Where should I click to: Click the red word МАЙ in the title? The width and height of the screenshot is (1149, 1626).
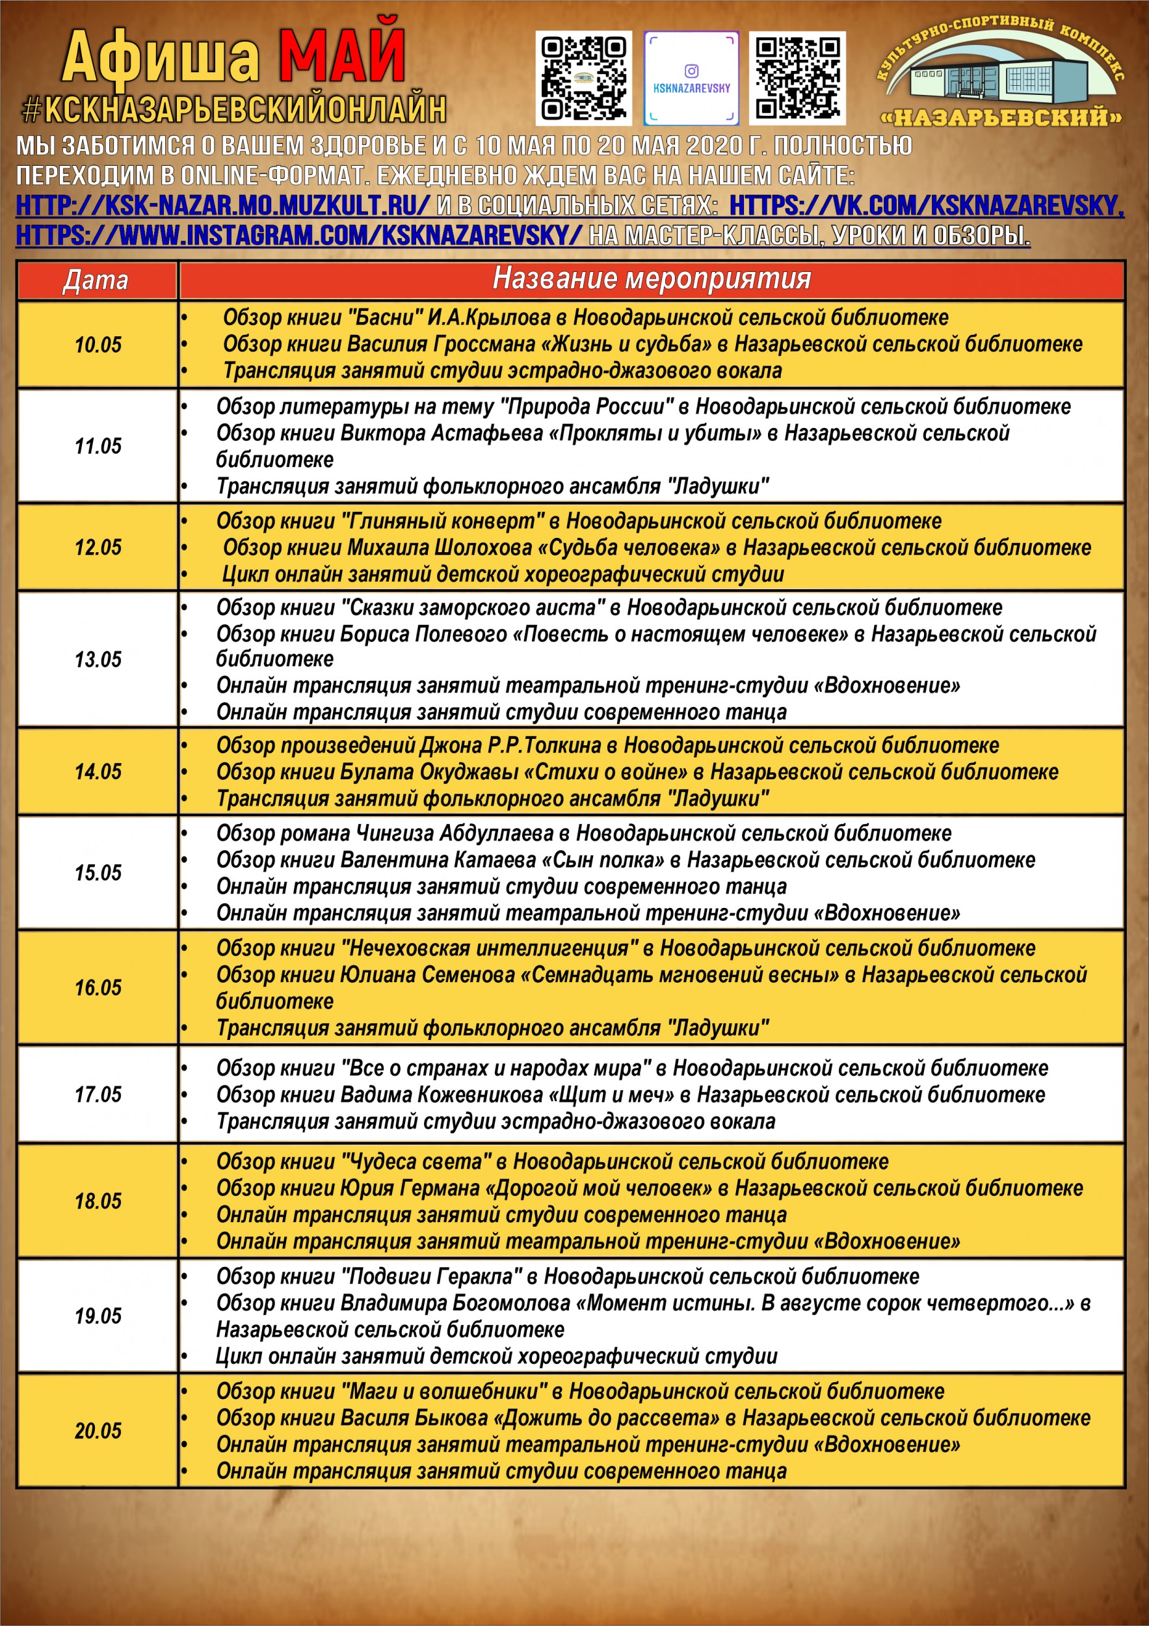click(x=342, y=56)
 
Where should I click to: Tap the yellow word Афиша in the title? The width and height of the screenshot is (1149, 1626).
click(x=161, y=58)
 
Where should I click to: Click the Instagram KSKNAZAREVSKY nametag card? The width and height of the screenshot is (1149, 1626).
click(x=691, y=79)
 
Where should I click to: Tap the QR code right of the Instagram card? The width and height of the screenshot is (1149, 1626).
click(x=797, y=79)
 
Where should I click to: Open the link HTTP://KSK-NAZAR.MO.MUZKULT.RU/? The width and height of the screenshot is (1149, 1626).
click(x=222, y=206)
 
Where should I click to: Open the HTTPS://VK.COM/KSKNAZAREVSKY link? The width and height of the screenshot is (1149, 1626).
click(x=926, y=206)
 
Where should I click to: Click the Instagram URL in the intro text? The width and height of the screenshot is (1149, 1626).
click(x=298, y=235)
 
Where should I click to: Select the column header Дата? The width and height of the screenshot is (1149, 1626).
click(x=96, y=280)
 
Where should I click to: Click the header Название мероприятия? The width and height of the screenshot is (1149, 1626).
click(x=652, y=279)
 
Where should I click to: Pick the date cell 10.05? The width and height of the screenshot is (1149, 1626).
click(x=98, y=345)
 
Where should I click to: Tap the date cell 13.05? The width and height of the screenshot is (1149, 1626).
click(x=98, y=660)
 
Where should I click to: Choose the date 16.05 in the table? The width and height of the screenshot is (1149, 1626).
click(x=98, y=987)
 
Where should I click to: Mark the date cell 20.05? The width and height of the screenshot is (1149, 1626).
click(x=98, y=1430)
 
